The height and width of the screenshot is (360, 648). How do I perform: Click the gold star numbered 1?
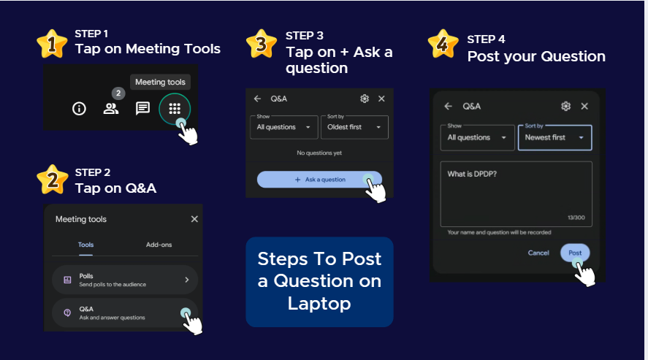click(x=52, y=44)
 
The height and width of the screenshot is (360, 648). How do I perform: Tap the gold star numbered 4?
click(x=443, y=44)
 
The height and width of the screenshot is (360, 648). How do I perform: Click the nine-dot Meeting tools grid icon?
click(x=175, y=109)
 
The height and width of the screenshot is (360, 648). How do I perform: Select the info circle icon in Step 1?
click(x=79, y=109)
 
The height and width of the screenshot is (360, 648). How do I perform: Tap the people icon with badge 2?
click(x=111, y=109)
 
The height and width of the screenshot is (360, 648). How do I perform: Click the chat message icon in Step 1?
click(x=142, y=109)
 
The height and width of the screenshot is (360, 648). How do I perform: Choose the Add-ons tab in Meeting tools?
click(x=159, y=245)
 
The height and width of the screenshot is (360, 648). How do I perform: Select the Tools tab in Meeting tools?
click(x=86, y=245)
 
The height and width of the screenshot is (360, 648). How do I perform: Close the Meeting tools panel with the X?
click(x=194, y=219)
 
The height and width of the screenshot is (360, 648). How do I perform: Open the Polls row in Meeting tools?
click(x=125, y=280)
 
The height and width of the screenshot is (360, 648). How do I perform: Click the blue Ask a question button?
click(x=319, y=180)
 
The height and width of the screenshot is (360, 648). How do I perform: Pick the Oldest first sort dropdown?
click(x=354, y=127)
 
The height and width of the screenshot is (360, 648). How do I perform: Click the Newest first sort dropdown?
click(x=554, y=137)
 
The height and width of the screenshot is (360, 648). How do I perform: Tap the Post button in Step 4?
click(x=575, y=253)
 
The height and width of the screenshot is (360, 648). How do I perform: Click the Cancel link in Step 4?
click(x=538, y=253)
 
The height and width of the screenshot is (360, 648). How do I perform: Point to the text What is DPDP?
click(x=472, y=175)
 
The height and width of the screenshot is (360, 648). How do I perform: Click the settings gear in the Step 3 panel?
click(x=364, y=99)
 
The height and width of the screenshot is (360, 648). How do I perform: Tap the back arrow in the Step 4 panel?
click(x=449, y=107)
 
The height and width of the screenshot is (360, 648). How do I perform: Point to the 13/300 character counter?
click(x=576, y=218)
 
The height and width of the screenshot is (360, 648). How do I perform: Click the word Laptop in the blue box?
click(x=319, y=304)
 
